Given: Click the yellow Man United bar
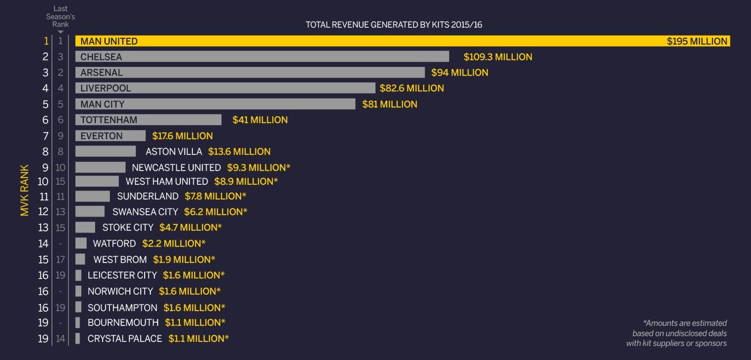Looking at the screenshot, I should (397, 41).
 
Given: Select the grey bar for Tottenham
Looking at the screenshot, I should (148, 120).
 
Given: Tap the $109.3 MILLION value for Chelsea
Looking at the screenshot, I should (497, 57).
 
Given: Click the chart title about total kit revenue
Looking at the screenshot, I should (394, 25).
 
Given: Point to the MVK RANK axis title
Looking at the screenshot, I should (24, 190).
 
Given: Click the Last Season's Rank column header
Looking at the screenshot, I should (60, 16).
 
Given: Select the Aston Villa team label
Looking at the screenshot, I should (174, 151).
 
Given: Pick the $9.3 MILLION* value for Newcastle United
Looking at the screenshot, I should (259, 167).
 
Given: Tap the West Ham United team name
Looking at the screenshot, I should (167, 181).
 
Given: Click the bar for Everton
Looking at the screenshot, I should (110, 135).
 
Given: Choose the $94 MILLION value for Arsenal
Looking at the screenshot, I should (459, 73).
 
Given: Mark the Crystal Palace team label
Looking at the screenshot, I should (125, 338).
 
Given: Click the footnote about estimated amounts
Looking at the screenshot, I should (677, 333).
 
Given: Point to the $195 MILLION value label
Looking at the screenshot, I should (697, 41).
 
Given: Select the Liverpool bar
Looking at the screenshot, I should (225, 88).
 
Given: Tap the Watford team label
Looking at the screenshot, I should (115, 243).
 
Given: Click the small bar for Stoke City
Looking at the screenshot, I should (85, 227).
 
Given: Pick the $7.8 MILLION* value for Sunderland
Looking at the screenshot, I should (216, 196).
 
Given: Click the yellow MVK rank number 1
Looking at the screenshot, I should (46, 41).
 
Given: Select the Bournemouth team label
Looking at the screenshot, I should (123, 323).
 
